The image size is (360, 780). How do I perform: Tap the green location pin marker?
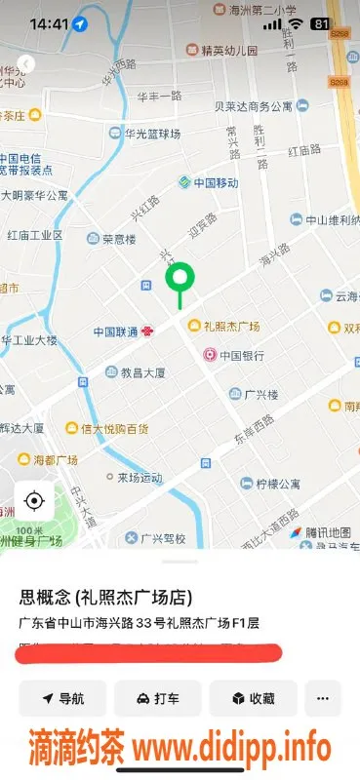point(180,280)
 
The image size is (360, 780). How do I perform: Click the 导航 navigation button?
point(62,698)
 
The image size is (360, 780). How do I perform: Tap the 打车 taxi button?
point(157,698)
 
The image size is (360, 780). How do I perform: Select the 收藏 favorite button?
point(253,698)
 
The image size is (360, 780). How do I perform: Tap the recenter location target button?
point(34,501)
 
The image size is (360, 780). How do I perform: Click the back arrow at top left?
point(26,63)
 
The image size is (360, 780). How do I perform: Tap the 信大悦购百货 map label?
point(114,428)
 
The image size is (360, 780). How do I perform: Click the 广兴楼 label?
point(260,394)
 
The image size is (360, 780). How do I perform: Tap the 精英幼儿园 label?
point(229,49)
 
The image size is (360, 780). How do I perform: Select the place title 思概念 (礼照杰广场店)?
point(106,598)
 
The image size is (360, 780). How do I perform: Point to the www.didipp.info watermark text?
point(231,749)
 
